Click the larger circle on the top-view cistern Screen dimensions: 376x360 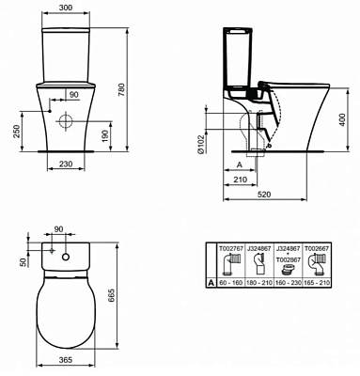68,257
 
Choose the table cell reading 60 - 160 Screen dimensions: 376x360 230,280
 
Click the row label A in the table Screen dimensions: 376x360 211,280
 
